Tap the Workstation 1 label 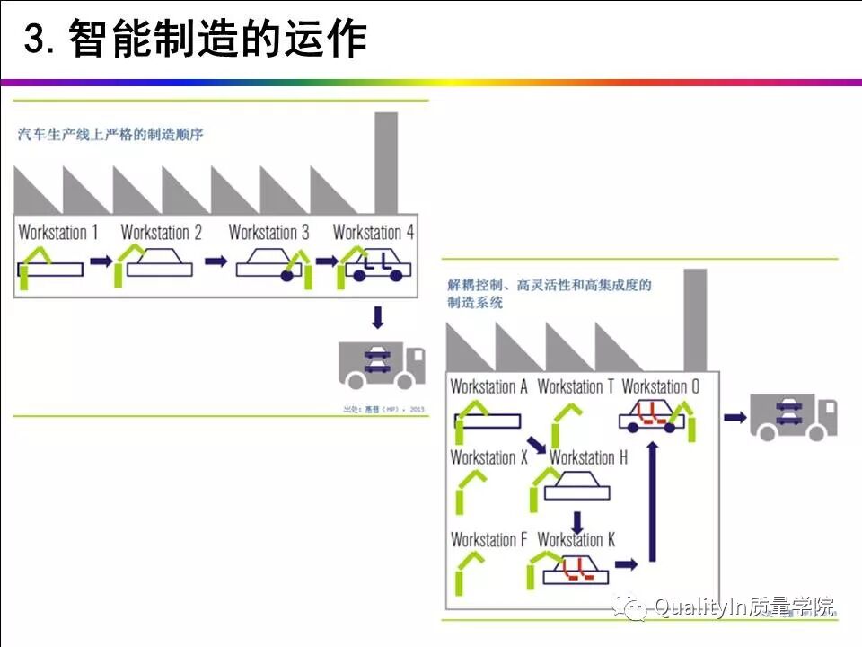coord(58,232)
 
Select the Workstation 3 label coord(268,232)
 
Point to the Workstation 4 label coord(374,232)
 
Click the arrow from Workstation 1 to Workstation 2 coord(101,261)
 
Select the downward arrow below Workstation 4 coord(378,317)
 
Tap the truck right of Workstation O coord(793,416)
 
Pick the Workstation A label coord(488,386)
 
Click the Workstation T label coord(576,386)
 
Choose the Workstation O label coord(660,386)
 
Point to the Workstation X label coord(488,457)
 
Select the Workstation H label coord(588,457)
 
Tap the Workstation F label coord(488,540)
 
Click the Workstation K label coord(576,540)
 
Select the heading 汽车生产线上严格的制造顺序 coord(110,136)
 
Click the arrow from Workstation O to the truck coord(735,417)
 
